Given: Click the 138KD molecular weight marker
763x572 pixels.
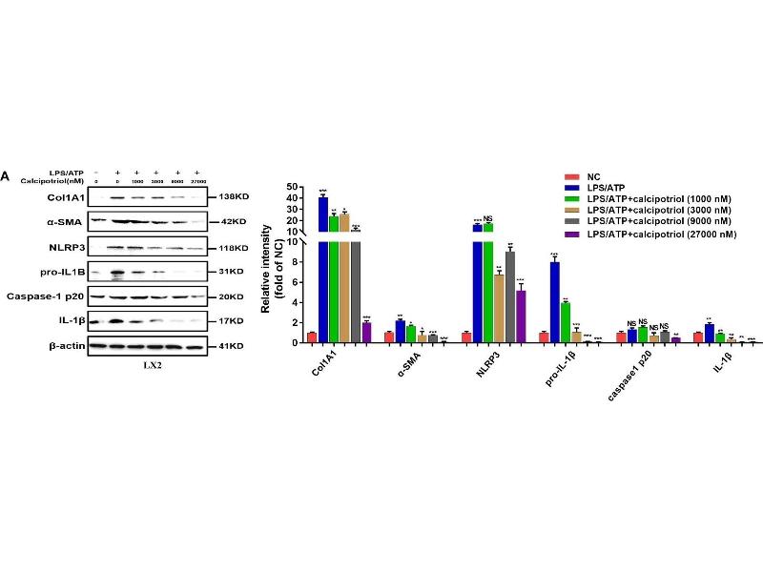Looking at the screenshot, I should coord(234,196).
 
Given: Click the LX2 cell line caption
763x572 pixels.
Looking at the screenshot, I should coord(140,363).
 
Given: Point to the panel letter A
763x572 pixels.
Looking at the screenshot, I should coord(6,177).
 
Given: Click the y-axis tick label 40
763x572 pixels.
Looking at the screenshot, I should coord(294,198).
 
